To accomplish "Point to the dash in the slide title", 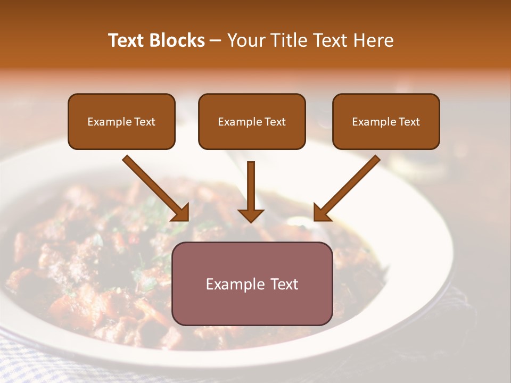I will coord(216,41).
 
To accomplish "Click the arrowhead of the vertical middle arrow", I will coord(251,215).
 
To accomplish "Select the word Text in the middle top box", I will coord(275,122).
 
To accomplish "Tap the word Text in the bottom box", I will coord(285,284).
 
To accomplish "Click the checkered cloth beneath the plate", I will coord(32,362).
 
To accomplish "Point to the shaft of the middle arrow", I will coord(251,184).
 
